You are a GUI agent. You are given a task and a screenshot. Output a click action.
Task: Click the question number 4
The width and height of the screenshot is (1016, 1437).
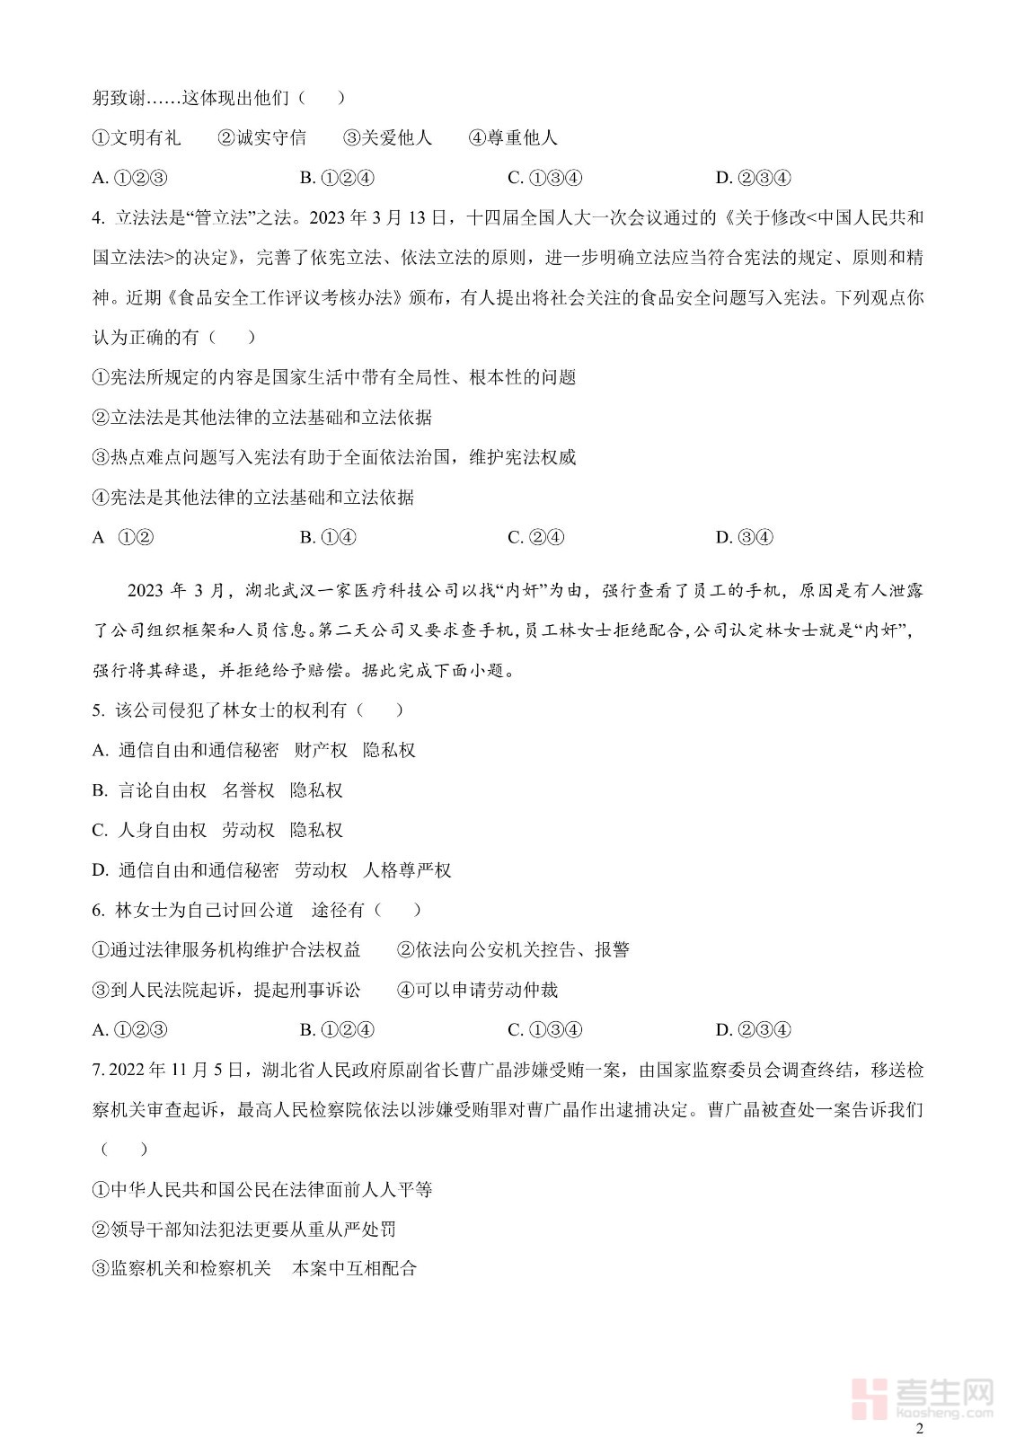click(97, 218)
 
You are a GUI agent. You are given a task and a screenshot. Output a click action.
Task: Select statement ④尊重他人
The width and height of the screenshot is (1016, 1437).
click(513, 137)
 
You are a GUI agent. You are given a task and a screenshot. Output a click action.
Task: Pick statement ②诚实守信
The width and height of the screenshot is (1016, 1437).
click(261, 137)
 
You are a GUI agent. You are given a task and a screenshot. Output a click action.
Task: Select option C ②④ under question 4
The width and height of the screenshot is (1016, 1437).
click(535, 537)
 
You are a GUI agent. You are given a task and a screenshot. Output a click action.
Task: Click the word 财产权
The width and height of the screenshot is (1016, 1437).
click(321, 750)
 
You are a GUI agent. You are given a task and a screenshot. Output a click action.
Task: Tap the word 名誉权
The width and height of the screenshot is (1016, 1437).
click(248, 790)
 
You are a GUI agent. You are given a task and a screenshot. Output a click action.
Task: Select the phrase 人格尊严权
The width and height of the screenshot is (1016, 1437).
click(407, 870)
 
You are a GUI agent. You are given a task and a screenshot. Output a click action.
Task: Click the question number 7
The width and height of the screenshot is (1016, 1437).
click(97, 1071)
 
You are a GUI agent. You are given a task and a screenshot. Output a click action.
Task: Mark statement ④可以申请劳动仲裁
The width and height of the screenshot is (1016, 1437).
click(477, 990)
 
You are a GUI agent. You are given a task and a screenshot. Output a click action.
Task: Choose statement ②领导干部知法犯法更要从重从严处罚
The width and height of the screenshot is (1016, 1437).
click(244, 1230)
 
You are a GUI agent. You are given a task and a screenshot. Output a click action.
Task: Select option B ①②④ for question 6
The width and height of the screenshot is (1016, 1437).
click(337, 1030)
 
